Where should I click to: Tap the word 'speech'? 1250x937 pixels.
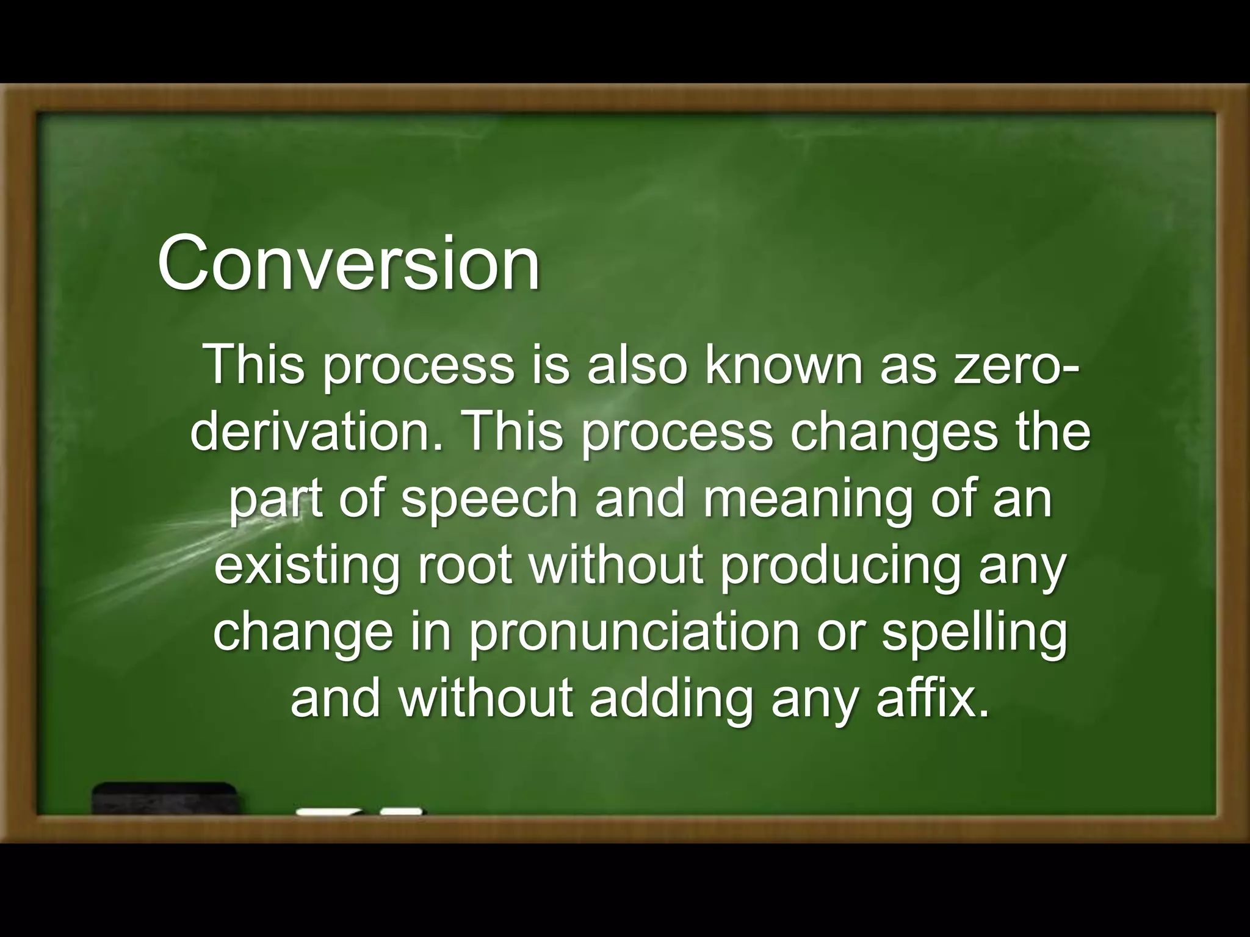pyautogui.click(x=489, y=500)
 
